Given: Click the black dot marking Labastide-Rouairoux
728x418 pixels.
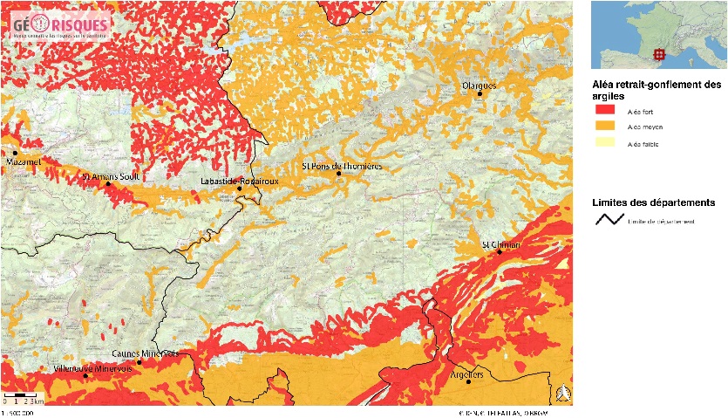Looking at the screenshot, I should (240, 188).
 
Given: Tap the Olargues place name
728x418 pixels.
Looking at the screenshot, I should (479, 86).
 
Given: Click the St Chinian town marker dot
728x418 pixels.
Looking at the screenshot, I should (500, 253).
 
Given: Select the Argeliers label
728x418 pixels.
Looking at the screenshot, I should (468, 373).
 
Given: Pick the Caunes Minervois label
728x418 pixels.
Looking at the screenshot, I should (146, 353).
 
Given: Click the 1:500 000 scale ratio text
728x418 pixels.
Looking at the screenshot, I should (18, 413).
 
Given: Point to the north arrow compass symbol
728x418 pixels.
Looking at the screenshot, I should (564, 394).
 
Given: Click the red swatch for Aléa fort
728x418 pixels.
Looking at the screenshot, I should (607, 111).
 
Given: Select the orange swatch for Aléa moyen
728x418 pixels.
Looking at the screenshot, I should (607, 127).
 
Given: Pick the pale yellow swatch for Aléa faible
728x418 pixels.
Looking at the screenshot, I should (607, 142).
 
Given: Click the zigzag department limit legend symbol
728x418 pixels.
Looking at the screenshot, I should (607, 220).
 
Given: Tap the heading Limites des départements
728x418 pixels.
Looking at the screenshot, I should (654, 202).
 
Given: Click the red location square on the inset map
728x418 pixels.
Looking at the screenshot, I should (660, 54).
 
